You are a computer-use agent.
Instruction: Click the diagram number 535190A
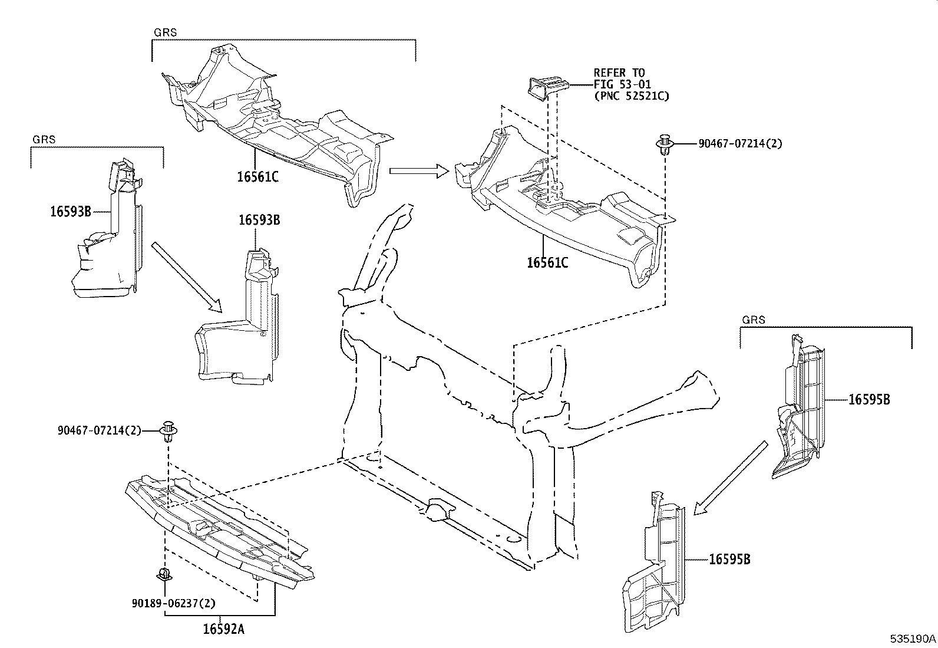[913, 639]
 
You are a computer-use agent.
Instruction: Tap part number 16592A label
[223, 629]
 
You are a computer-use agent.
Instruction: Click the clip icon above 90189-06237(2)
[164, 574]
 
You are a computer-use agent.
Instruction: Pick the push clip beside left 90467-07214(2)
[169, 432]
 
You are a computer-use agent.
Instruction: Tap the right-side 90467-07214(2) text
[740, 143]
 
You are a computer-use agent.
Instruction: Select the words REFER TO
[619, 73]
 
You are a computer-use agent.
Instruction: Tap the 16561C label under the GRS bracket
[257, 176]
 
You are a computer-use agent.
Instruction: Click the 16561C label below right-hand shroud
[547, 263]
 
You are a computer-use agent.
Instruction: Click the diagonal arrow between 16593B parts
[186, 277]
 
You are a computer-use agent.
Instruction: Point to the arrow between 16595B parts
[731, 478]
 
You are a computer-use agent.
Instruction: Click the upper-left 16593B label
[71, 211]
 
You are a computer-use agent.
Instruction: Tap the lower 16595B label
[729, 560]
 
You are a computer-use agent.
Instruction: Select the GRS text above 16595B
[753, 320]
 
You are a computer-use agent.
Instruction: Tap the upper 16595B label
[869, 399]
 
